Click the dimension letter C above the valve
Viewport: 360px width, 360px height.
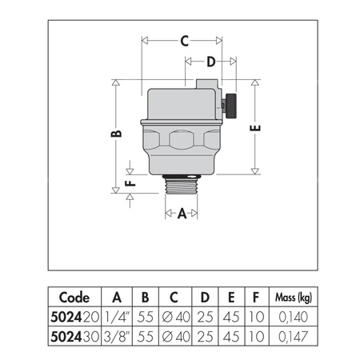pyautogui.click(x=183, y=40)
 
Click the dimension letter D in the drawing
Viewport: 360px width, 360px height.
pyautogui.click(x=211, y=62)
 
